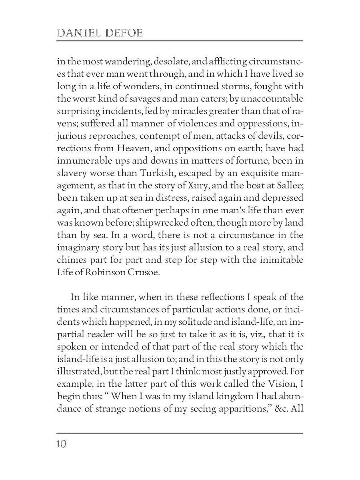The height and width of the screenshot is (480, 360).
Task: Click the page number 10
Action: tap(62, 444)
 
